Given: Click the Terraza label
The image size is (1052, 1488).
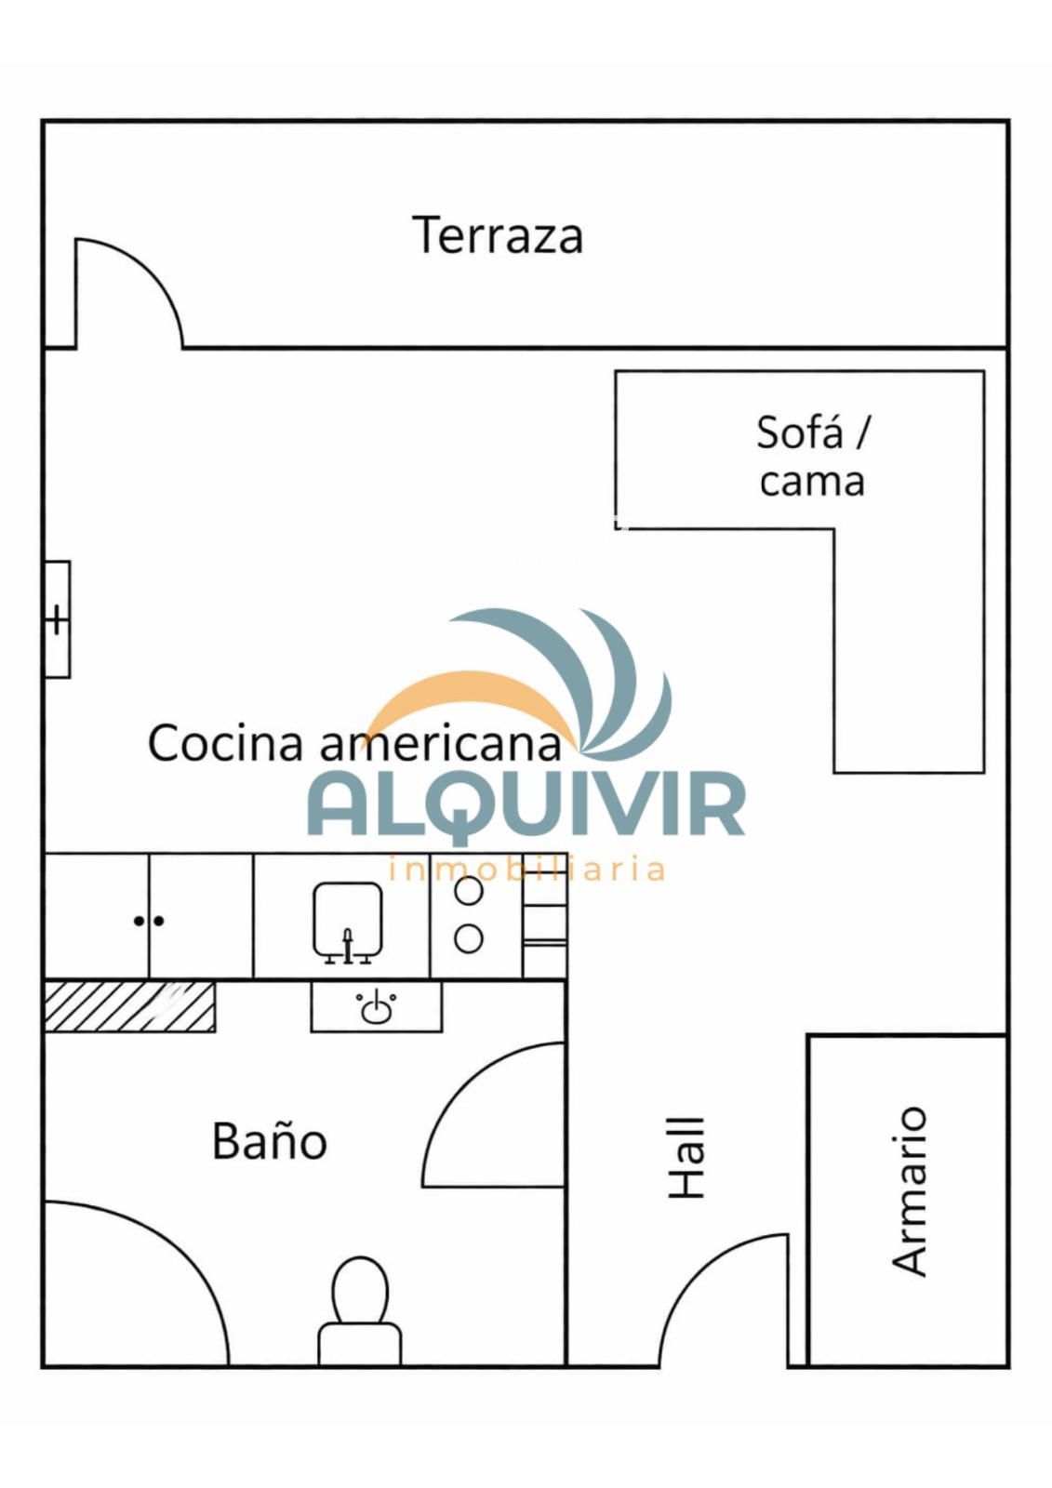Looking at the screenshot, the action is pyautogui.click(x=498, y=234).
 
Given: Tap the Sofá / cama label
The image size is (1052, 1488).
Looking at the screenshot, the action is pyautogui.click(x=811, y=456).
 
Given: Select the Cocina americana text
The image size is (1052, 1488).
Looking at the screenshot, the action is pyautogui.click(x=354, y=743).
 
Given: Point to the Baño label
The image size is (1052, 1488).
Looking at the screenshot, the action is pyautogui.click(x=269, y=1141).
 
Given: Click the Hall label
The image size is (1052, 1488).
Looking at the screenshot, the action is pyautogui.click(x=686, y=1158).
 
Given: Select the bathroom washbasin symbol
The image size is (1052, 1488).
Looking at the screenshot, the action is pyautogui.click(x=376, y=1007).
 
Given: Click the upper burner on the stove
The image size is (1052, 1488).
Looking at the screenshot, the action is pyautogui.click(x=469, y=892).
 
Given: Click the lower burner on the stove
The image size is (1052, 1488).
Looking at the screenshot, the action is pyautogui.click(x=469, y=938).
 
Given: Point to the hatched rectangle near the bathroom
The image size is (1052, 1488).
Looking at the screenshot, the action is pyautogui.click(x=129, y=1007).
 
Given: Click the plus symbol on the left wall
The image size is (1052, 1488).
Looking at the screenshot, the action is pyautogui.click(x=57, y=620).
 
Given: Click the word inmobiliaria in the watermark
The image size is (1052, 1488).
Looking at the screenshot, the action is pyautogui.click(x=525, y=869).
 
